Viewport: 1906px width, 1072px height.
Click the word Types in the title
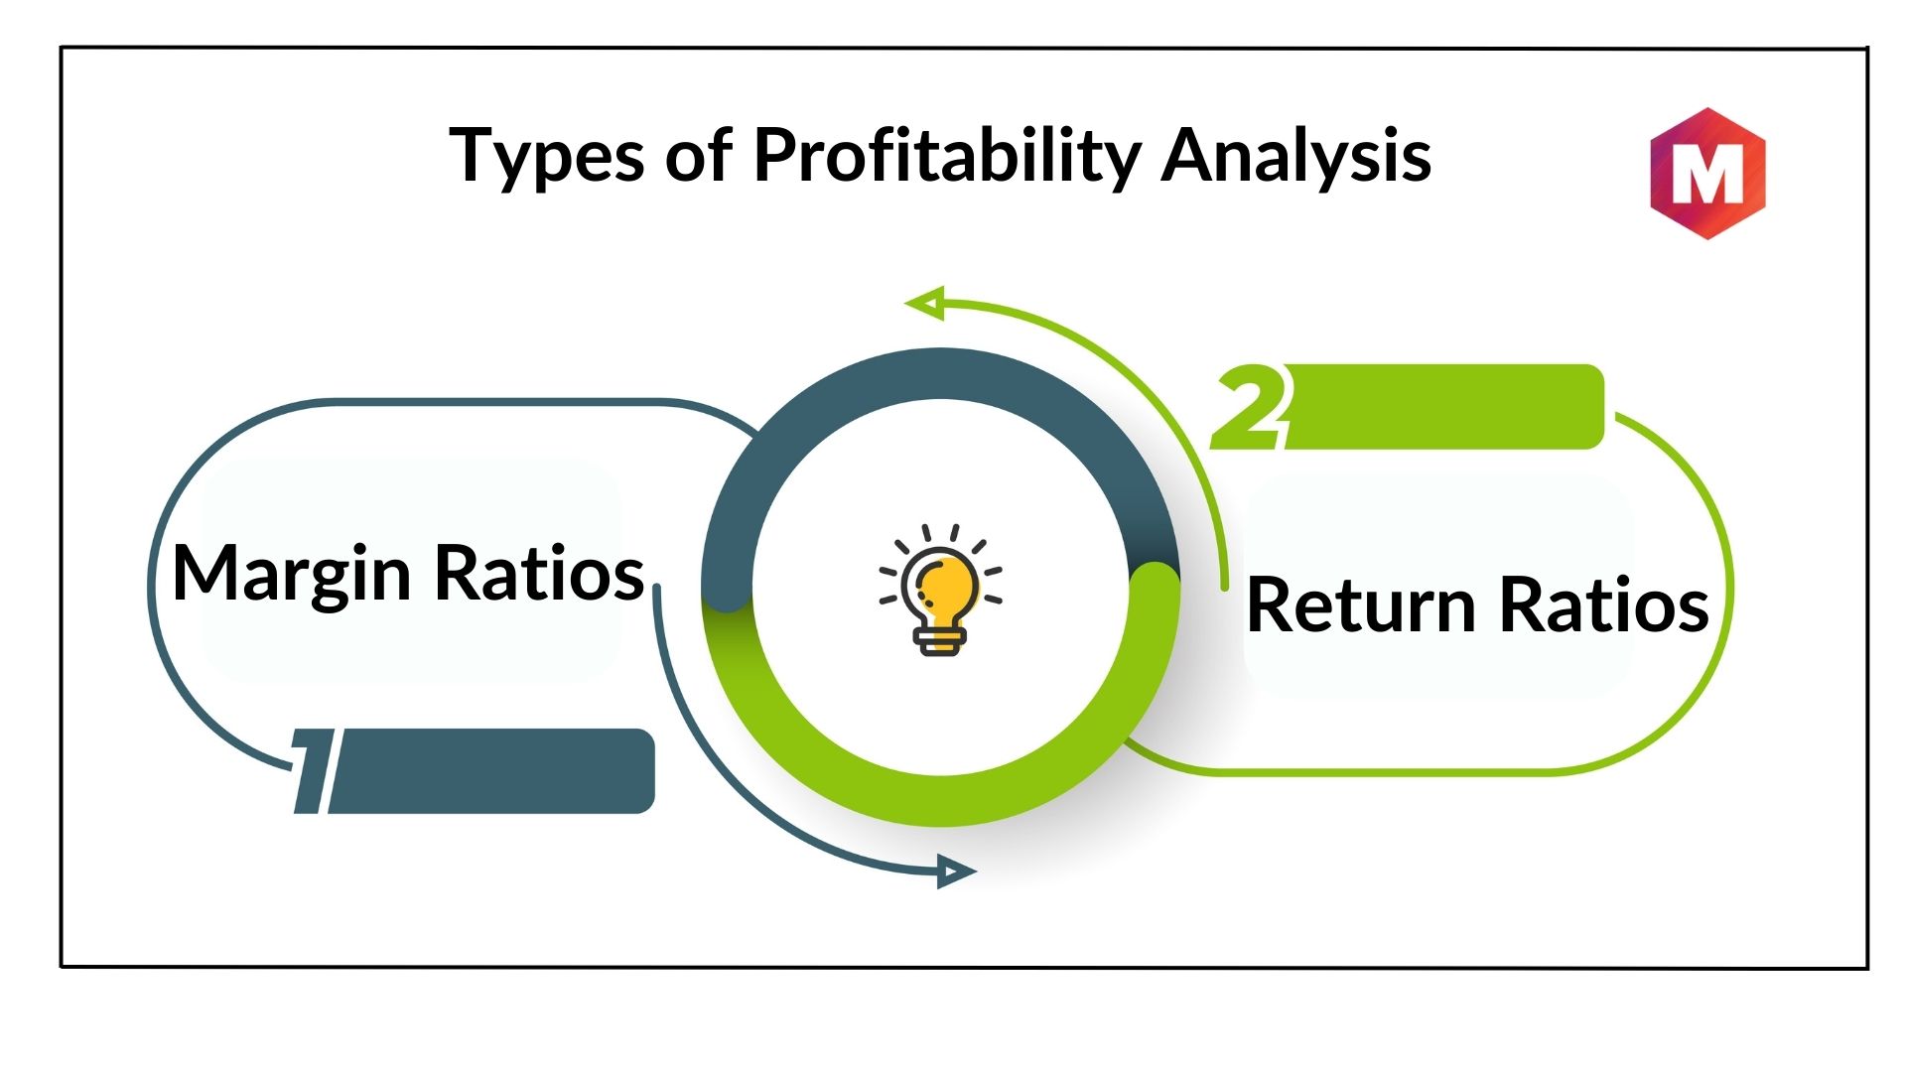click(x=547, y=157)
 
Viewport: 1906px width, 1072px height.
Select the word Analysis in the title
click(x=1295, y=157)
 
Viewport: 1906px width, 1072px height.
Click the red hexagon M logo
click(x=1707, y=174)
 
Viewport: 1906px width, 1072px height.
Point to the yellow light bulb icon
click(x=940, y=590)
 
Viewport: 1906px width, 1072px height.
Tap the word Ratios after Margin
click(x=540, y=573)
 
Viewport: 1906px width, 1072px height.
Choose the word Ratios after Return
click(x=1604, y=604)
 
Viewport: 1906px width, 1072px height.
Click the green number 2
click(x=1251, y=407)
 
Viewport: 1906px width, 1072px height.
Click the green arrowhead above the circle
click(x=924, y=303)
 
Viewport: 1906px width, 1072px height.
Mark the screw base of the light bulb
click(x=940, y=641)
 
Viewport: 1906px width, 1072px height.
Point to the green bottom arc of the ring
click(x=940, y=800)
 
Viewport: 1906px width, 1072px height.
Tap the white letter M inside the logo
click(x=1707, y=174)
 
